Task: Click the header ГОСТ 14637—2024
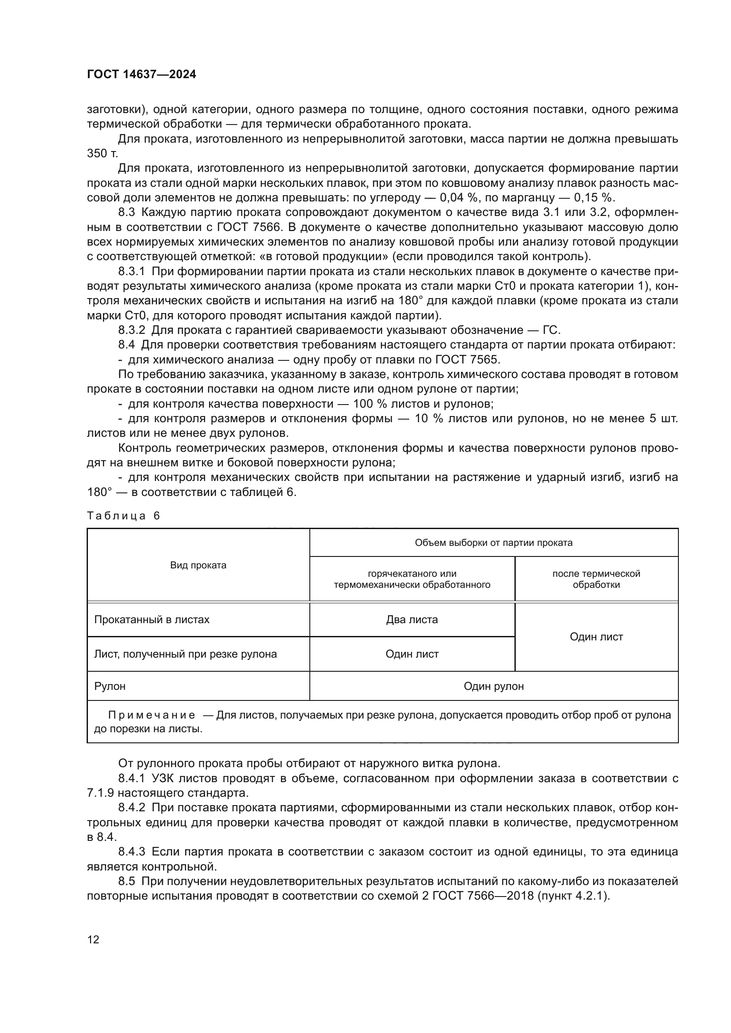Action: (x=141, y=75)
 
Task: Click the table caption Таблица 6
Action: (x=123, y=515)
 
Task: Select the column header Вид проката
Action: (x=198, y=566)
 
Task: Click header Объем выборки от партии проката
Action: (x=493, y=543)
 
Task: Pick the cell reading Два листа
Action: (x=411, y=620)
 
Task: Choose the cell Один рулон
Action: (x=493, y=686)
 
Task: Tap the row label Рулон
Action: (x=110, y=686)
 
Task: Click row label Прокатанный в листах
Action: (x=152, y=620)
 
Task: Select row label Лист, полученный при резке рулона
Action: (x=185, y=654)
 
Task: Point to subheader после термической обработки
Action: (x=596, y=579)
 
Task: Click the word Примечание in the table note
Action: (x=152, y=715)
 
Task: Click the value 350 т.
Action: (x=102, y=153)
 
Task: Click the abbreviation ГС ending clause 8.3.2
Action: (x=552, y=330)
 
